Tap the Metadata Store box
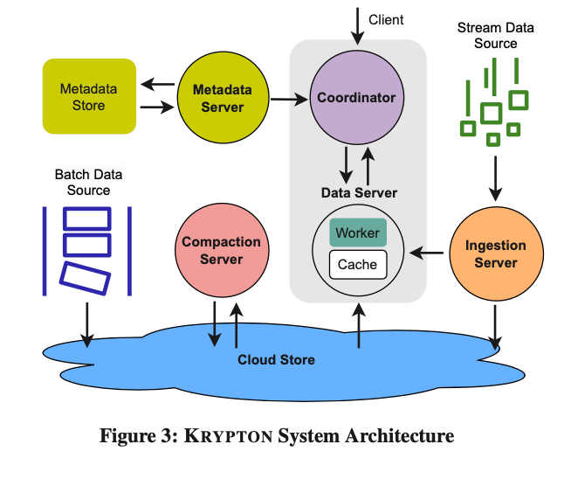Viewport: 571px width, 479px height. pyautogui.click(x=88, y=96)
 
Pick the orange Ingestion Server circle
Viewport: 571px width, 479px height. pyautogui.click(x=495, y=253)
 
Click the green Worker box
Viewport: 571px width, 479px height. pyautogui.click(x=358, y=233)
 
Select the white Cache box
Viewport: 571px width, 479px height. pyautogui.click(x=358, y=264)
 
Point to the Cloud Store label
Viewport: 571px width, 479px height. pyautogui.click(x=276, y=360)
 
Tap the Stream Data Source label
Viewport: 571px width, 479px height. pyautogui.click(x=495, y=36)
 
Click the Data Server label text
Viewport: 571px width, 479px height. pyautogui.click(x=359, y=192)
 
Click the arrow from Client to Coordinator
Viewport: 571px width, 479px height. pyautogui.click(x=357, y=26)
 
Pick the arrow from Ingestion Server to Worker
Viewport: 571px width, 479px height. pyautogui.click(x=427, y=254)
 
